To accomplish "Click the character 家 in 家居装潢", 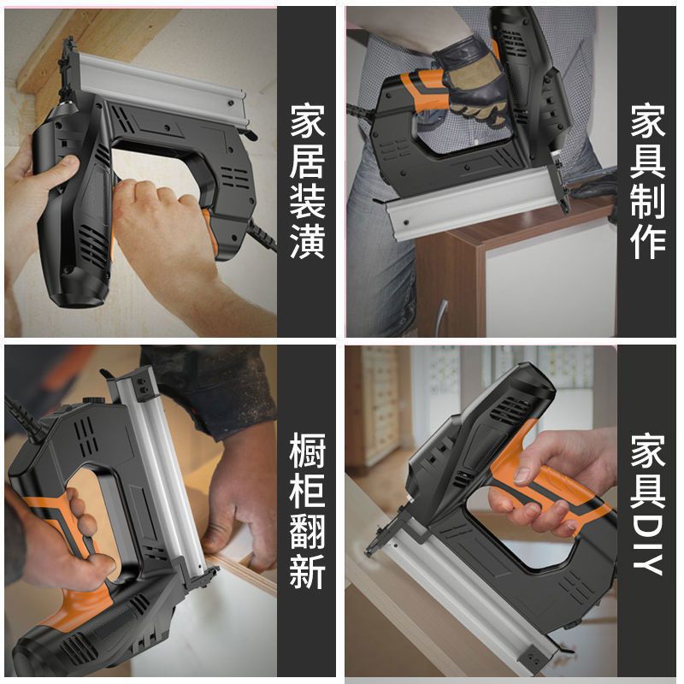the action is coord(308,121).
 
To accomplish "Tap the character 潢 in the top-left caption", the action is coord(308,242).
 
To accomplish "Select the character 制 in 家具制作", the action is coord(648,202).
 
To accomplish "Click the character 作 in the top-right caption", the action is coord(648,243).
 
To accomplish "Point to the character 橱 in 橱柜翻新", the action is coord(308,451).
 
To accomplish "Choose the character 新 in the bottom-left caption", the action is coord(308,572).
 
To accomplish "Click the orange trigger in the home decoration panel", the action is coord(209,230).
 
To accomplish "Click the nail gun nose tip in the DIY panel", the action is coord(369,553).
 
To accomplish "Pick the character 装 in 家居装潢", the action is coord(308,202).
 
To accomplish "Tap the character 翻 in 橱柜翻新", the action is coord(308,531).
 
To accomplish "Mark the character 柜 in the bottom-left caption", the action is coord(308,491).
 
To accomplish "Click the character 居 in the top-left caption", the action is coord(308,162).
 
